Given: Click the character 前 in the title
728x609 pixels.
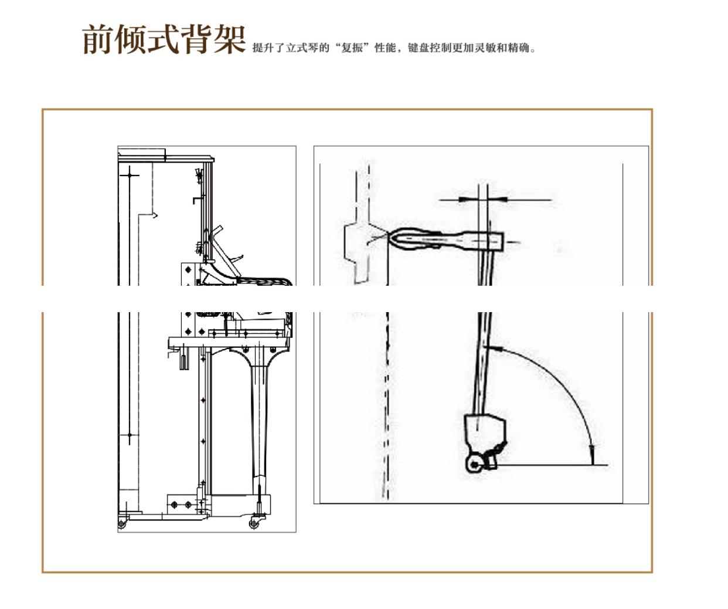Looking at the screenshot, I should tap(97, 39).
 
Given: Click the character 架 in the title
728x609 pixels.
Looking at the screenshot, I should tap(229, 39).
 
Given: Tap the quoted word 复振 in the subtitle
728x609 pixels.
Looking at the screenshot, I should tap(353, 48).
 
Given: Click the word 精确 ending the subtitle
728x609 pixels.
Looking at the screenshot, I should tap(519, 48).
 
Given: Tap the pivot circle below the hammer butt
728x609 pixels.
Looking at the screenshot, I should tap(474, 465).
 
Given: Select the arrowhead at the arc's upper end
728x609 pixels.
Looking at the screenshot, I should tap(494, 348).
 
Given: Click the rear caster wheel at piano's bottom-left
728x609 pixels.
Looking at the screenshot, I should tap(123, 522).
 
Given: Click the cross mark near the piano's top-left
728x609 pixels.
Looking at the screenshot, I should tap(130, 174).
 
